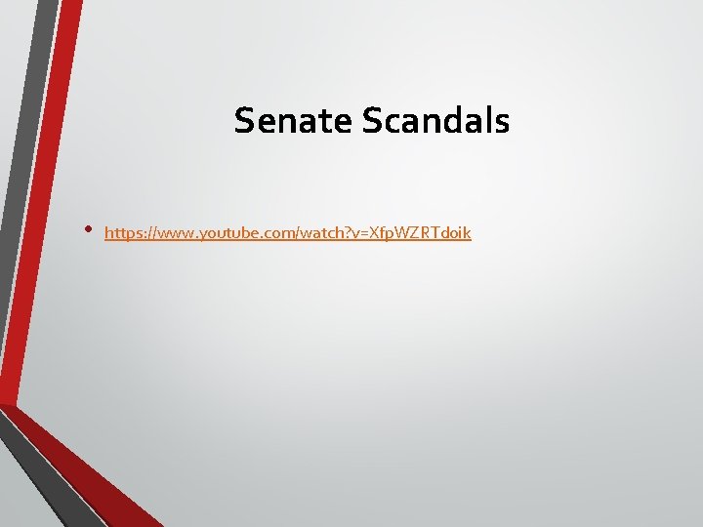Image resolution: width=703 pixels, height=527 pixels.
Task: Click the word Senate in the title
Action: click(x=294, y=121)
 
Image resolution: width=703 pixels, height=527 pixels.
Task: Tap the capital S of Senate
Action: click(x=243, y=121)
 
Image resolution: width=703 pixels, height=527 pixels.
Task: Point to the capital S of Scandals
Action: click(x=371, y=121)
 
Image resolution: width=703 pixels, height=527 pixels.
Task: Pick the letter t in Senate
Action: click(x=331, y=121)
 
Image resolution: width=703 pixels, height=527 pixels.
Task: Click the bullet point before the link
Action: click(x=88, y=231)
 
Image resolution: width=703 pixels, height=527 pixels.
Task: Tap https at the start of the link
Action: click(x=123, y=234)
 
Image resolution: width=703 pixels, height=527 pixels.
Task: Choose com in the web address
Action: click(x=283, y=234)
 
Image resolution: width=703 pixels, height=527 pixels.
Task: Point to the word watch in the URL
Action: click(x=325, y=234)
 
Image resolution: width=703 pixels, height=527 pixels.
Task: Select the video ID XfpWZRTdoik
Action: click(x=423, y=234)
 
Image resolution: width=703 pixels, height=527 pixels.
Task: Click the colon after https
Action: click(x=145, y=234)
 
